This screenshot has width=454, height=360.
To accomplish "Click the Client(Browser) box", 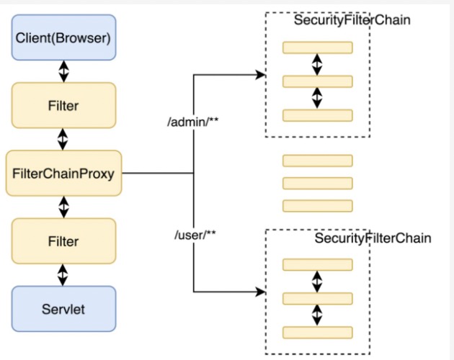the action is [x=63, y=37].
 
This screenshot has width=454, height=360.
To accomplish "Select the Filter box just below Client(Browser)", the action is [x=63, y=105].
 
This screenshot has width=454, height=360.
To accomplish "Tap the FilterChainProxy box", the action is [x=63, y=174].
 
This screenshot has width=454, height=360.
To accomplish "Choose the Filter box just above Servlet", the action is [x=63, y=241].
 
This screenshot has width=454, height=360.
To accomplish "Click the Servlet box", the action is [x=63, y=309].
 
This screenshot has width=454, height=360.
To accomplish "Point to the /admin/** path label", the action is [x=193, y=122].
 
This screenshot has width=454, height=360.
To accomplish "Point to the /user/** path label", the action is [x=195, y=235].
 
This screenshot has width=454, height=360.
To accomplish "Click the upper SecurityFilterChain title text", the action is [x=352, y=20].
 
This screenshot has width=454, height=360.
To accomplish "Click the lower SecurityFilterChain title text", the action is [x=373, y=238].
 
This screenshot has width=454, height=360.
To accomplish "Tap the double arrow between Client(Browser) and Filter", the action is [x=63, y=71].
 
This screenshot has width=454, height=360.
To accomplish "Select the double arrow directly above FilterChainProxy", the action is [x=63, y=139].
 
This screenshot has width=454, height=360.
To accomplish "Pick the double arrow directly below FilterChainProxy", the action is [x=63, y=207].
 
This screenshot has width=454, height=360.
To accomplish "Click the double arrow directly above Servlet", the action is [x=63, y=275].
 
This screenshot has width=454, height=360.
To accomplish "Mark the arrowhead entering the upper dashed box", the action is [x=261, y=75].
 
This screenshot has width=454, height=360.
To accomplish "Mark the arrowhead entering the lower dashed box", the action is [x=261, y=292].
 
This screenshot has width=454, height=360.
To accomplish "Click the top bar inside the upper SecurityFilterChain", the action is [x=318, y=48].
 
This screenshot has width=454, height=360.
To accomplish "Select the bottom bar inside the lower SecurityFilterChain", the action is [x=318, y=333].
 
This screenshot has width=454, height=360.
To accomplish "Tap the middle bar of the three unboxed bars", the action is [x=318, y=183].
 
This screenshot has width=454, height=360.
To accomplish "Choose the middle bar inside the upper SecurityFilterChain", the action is [x=318, y=81].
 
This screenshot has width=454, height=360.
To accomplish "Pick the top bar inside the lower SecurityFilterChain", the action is [x=318, y=264].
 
